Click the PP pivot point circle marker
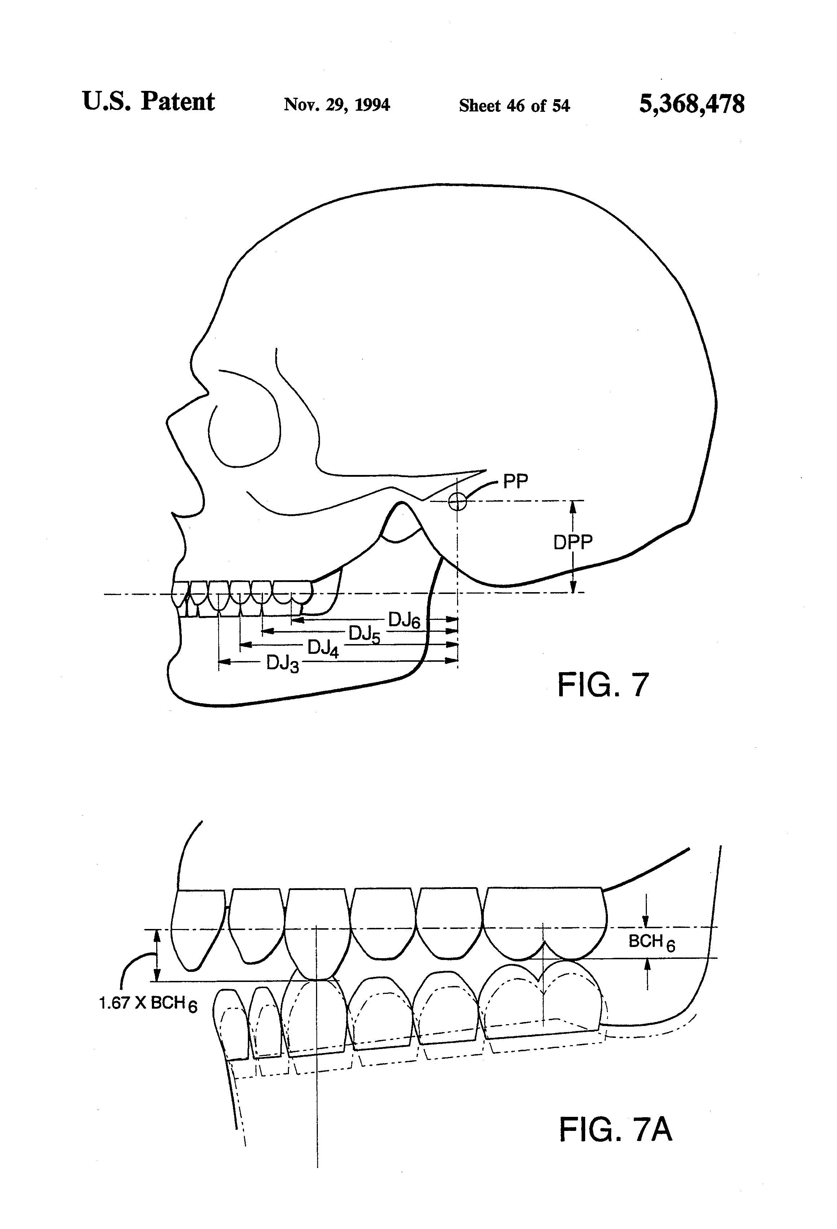(x=457, y=501)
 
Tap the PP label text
(x=515, y=482)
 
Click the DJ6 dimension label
(x=404, y=620)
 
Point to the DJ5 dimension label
(x=364, y=634)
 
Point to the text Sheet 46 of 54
(x=514, y=106)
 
